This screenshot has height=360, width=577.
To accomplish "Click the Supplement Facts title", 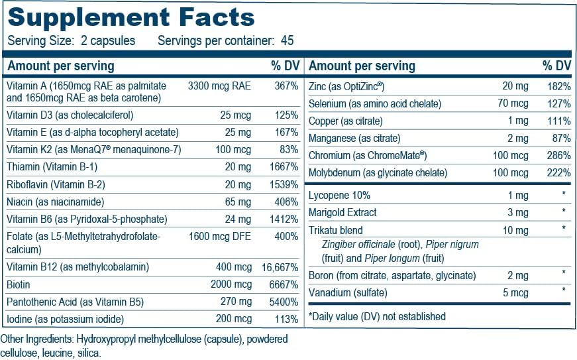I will coord(131,17).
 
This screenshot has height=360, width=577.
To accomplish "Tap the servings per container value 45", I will coord(287,40).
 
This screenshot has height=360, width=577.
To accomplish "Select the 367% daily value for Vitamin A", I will coord(286,86).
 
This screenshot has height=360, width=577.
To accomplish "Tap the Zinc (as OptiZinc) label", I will coord(347,86).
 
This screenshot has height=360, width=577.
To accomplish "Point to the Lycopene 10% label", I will coord(340,196).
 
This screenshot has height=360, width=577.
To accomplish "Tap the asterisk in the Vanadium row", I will coord(563,291).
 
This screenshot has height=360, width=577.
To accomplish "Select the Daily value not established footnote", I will coord(377,316).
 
